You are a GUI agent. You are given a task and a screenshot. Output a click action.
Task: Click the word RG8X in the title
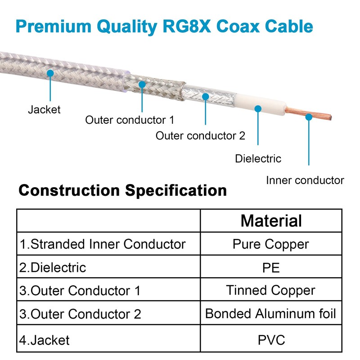[187, 26]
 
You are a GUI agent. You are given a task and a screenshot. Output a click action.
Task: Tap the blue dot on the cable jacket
[50, 73]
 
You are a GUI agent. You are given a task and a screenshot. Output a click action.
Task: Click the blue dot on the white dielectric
[258, 108]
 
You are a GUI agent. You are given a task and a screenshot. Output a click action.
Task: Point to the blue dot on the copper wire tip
[309, 117]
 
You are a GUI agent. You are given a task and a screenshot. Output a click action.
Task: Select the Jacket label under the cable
[44, 109]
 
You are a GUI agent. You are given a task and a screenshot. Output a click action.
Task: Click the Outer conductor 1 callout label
[130, 120]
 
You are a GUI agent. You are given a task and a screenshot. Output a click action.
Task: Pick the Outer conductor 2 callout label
[200, 135]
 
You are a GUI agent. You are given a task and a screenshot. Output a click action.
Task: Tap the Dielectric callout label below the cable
[258, 159]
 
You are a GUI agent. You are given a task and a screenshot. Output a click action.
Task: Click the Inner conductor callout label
[305, 180]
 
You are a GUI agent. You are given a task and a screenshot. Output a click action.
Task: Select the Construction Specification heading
[122, 190]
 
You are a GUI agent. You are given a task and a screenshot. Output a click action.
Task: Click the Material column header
[271, 220]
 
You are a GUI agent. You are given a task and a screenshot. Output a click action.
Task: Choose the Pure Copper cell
[271, 244]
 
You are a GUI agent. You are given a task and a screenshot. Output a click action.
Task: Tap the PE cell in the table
[271, 267]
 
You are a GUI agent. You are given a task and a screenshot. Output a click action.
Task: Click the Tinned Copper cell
[271, 290]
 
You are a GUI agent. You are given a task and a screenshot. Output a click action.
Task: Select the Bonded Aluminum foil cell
[270, 314]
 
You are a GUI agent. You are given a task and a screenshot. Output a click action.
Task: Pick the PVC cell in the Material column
[271, 340]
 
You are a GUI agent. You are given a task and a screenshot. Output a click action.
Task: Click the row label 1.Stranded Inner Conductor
[103, 244]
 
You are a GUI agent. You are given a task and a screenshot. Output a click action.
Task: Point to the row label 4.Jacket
[44, 340]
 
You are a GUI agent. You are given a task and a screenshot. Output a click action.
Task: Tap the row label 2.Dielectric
[53, 267]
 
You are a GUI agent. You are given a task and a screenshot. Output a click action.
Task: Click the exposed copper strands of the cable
[308, 114]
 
